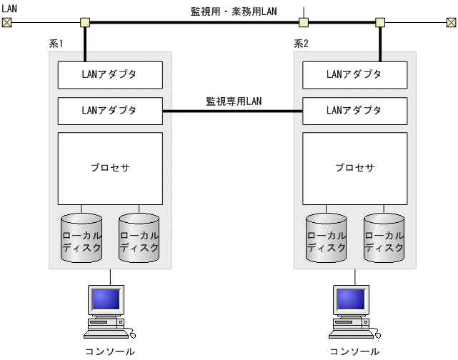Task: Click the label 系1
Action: click(56, 44)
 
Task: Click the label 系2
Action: click(302, 44)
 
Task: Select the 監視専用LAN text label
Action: click(234, 101)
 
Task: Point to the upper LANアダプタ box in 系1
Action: click(110, 74)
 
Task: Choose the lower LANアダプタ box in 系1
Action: click(110, 111)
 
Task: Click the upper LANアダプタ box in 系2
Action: click(355, 74)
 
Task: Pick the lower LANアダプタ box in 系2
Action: click(355, 111)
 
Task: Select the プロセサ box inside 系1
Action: click(110, 169)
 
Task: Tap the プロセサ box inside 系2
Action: click(355, 169)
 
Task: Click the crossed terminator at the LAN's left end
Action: click(7, 22)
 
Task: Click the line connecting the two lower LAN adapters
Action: click(233, 111)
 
